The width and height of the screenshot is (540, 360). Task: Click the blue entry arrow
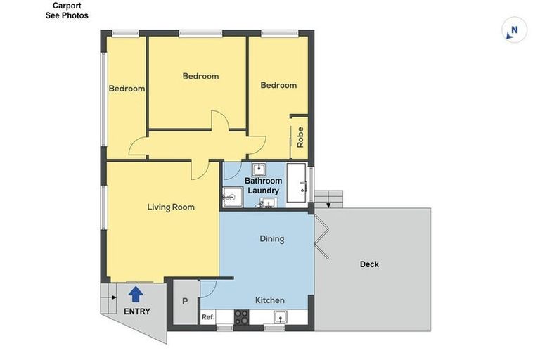(x=136, y=294)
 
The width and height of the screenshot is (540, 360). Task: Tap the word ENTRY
(x=136, y=311)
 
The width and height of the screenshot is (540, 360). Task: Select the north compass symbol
(x=514, y=30)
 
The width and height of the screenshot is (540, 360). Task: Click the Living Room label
(x=170, y=207)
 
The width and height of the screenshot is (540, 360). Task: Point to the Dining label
(x=271, y=238)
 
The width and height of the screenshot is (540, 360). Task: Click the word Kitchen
(x=269, y=300)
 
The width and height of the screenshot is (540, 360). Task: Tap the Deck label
(x=369, y=264)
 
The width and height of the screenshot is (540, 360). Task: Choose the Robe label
(x=300, y=136)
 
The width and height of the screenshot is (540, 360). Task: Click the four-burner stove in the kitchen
(x=241, y=318)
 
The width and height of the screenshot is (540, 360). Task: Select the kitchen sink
(x=279, y=318)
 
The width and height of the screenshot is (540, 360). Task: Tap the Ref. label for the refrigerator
(x=207, y=317)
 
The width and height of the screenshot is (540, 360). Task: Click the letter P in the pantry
(x=185, y=301)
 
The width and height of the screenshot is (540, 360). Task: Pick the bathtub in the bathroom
(x=297, y=184)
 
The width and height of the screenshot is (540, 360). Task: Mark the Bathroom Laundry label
(x=262, y=186)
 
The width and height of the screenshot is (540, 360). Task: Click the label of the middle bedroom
(x=200, y=76)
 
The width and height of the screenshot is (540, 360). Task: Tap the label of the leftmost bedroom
(x=127, y=89)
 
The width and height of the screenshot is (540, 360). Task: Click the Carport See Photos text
(x=67, y=11)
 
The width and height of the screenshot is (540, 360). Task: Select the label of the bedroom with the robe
(x=278, y=85)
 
